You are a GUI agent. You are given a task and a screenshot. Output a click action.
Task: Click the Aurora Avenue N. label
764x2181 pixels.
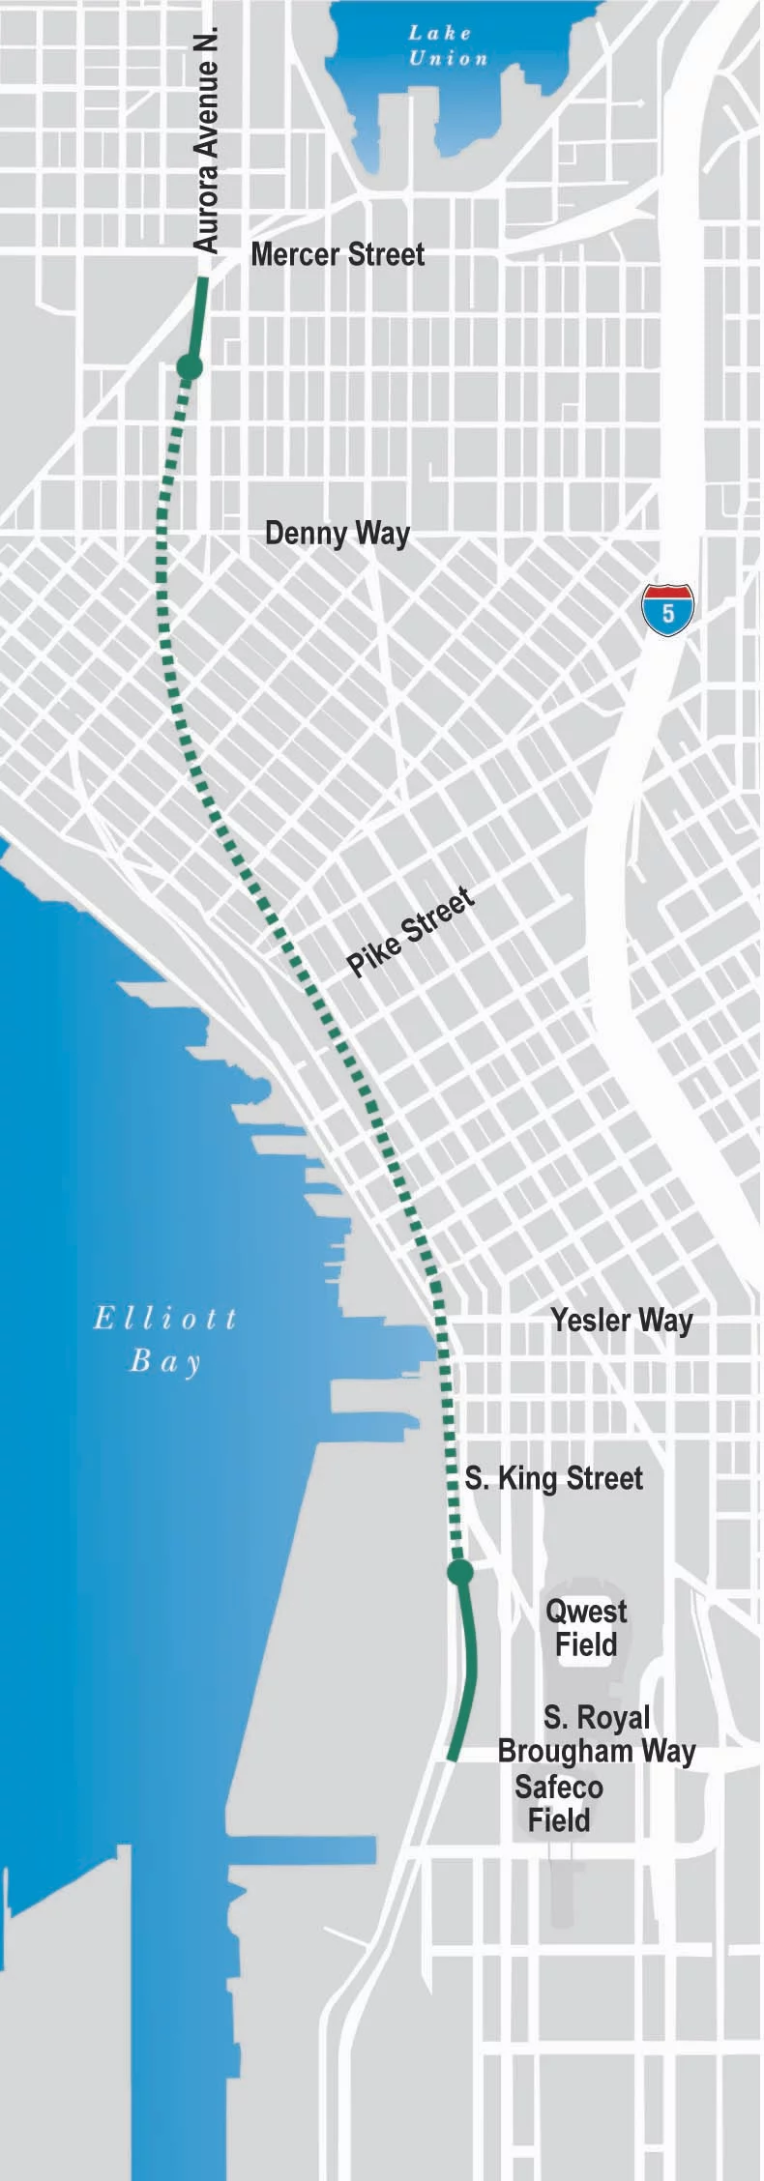tap(207, 141)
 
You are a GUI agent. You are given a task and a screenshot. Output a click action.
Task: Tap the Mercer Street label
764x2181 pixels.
tap(338, 255)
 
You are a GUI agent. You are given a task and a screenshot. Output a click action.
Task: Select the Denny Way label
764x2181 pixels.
tap(338, 534)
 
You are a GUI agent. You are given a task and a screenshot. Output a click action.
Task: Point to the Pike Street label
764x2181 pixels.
tap(411, 932)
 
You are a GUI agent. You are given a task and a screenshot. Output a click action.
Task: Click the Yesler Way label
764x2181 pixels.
tap(622, 1321)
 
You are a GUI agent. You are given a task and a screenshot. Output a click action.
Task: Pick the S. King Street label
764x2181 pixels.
tap(554, 1478)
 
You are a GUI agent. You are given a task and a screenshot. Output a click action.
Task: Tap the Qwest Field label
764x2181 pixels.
tap(586, 1628)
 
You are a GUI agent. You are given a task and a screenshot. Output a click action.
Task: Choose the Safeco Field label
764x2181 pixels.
tap(559, 1804)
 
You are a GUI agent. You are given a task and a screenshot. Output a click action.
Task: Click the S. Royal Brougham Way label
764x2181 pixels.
tap(597, 1734)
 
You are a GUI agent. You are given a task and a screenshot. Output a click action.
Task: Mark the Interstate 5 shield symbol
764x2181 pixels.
tap(667, 610)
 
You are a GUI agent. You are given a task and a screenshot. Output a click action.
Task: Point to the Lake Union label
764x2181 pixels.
tap(446, 45)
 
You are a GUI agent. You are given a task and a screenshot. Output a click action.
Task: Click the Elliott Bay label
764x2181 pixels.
tap(165, 1340)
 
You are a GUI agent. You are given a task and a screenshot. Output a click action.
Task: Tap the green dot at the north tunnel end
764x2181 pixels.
tap(190, 367)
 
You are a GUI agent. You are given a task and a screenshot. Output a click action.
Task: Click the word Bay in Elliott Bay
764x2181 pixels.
tap(165, 1362)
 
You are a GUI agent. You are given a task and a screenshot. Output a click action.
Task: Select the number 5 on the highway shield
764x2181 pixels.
tap(668, 614)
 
